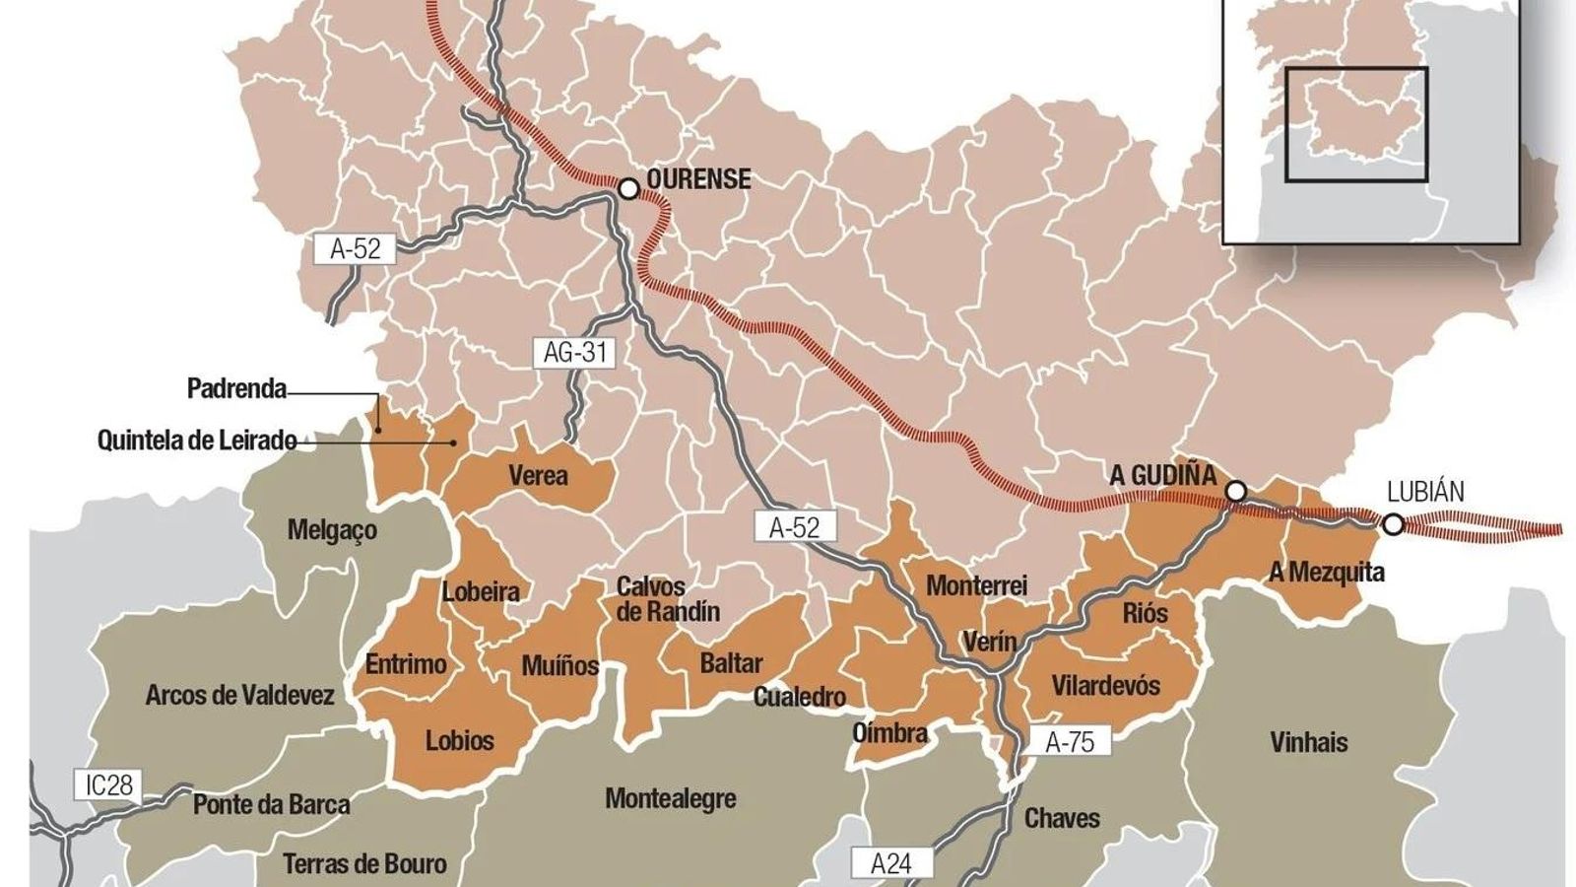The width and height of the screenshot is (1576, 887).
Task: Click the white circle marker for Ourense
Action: (628, 188)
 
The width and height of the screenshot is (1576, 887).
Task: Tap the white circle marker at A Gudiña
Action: (1236, 492)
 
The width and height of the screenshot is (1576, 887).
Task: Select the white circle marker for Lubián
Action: (1393, 525)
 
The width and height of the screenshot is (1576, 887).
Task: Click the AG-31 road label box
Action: (575, 352)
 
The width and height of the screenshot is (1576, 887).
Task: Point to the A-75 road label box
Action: (1070, 741)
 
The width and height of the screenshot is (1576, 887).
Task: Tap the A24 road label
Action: (891, 863)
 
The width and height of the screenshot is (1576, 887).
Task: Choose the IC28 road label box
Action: (108, 785)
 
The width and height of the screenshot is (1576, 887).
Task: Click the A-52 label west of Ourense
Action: (355, 248)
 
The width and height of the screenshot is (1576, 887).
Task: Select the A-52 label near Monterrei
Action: (794, 527)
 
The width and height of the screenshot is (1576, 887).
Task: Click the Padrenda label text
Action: (236, 388)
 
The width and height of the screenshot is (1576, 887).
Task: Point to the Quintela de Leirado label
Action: (196, 440)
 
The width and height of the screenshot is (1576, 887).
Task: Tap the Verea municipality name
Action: (538, 476)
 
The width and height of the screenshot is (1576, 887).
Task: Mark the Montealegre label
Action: (670, 798)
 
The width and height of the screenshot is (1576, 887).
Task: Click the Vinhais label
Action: (1308, 742)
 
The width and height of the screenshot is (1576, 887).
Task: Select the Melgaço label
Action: (332, 530)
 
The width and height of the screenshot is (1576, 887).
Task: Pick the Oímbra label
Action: (889, 733)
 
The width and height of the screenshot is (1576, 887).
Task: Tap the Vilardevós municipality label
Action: (1105, 685)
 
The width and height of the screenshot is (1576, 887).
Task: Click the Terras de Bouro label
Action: (364, 864)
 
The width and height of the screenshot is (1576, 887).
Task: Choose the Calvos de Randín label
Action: (668, 599)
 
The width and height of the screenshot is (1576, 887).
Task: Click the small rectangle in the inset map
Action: (1355, 124)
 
